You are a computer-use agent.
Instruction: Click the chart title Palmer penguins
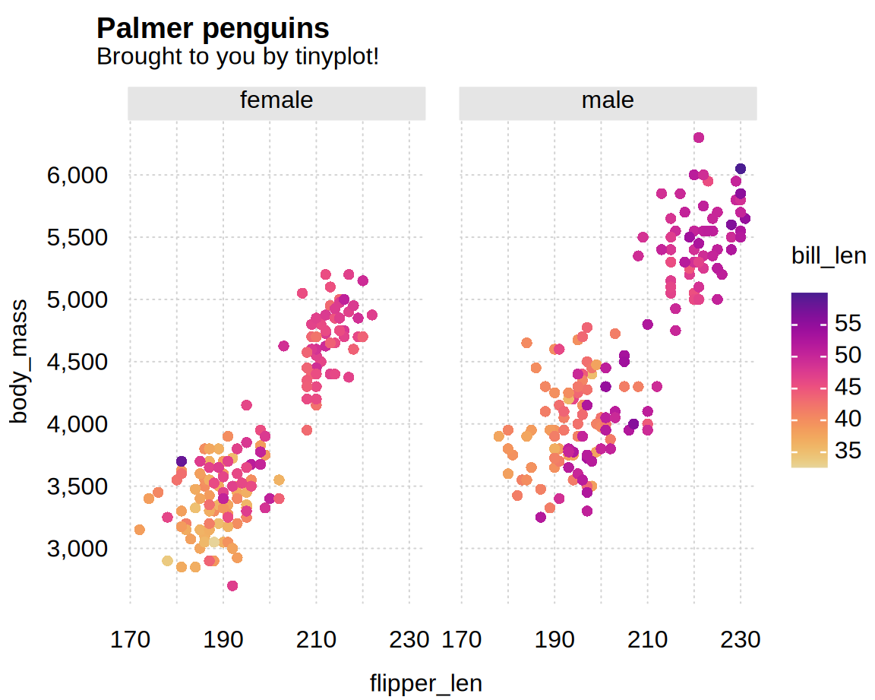(213, 29)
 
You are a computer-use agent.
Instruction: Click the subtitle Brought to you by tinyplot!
(237, 57)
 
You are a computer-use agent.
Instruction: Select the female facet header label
(276, 101)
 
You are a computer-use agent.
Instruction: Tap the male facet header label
(608, 101)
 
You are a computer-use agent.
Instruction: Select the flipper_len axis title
(425, 683)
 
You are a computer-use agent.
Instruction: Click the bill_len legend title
(828, 256)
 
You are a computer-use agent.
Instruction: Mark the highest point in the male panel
(699, 138)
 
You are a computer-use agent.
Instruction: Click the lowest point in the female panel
(232, 586)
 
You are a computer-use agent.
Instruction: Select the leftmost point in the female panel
(139, 530)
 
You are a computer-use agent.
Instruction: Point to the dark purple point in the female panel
(182, 461)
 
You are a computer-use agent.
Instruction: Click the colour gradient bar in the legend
(809, 380)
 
